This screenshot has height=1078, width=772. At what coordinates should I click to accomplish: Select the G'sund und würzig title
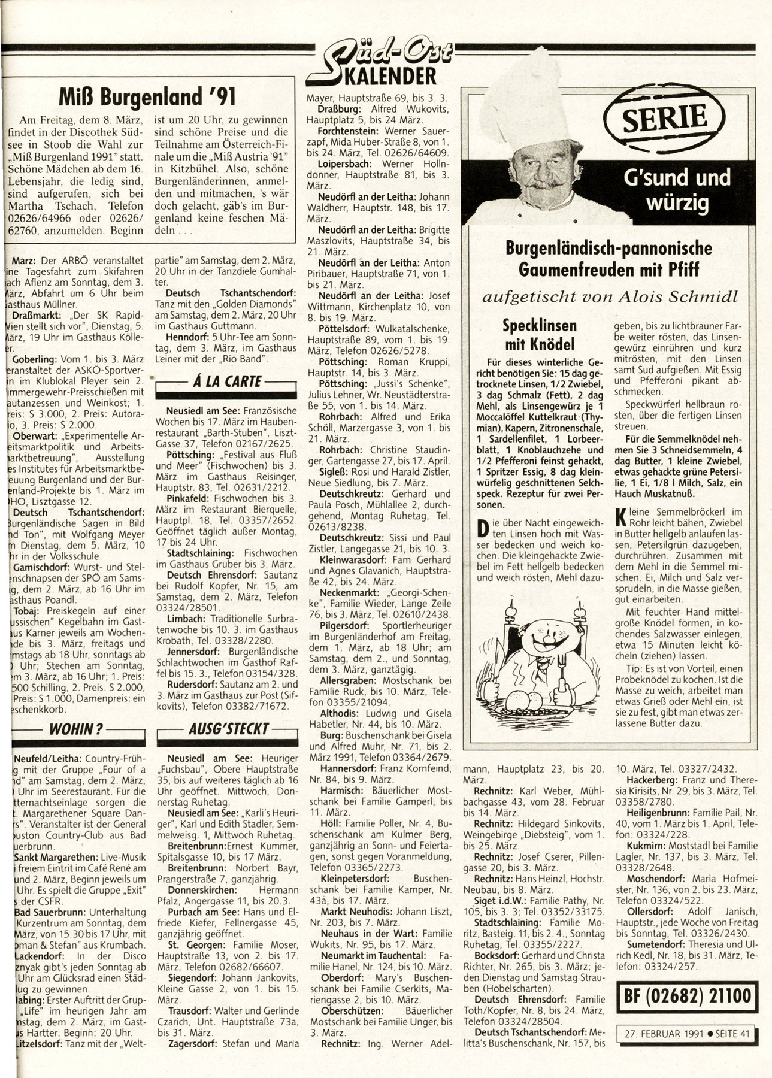click(x=679, y=189)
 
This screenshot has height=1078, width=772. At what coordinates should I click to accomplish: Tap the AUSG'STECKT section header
click(x=228, y=730)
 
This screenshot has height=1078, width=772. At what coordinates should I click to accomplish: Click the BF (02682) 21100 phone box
click(x=685, y=995)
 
